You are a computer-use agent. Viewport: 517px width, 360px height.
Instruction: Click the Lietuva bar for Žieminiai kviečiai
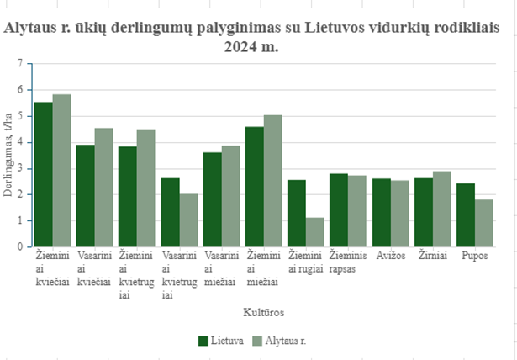(x=43, y=174)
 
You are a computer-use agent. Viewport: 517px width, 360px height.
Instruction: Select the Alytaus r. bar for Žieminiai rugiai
(x=315, y=232)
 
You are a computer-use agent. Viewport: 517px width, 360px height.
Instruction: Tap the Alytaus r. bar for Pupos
(x=484, y=223)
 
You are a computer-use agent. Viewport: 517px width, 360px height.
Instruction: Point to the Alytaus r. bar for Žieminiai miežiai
(x=272, y=181)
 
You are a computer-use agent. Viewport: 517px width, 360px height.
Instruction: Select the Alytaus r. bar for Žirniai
(x=441, y=209)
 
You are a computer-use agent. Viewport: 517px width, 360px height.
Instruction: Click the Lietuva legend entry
(x=221, y=341)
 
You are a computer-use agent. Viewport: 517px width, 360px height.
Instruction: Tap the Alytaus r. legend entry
(x=277, y=341)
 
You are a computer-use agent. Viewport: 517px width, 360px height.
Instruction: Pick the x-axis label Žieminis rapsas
(x=347, y=260)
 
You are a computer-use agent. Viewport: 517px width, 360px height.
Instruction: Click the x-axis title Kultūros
(x=263, y=312)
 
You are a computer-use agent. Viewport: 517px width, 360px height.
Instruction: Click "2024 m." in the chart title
(x=251, y=47)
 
